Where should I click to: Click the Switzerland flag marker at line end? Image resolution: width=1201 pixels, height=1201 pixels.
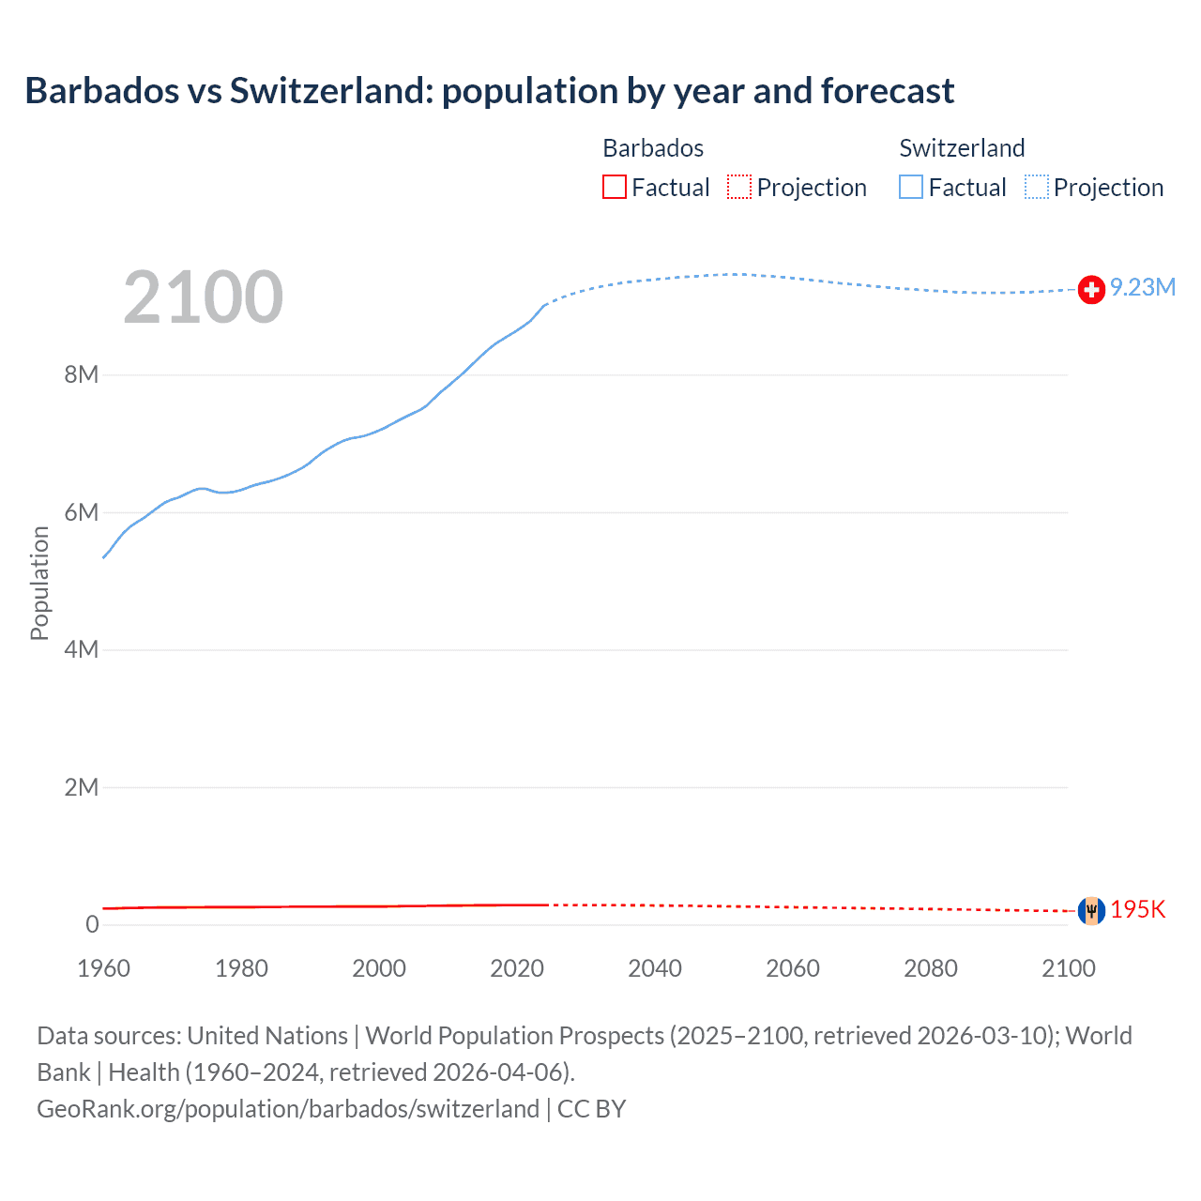[1091, 290]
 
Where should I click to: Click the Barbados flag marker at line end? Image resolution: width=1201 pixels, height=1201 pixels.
[1091, 910]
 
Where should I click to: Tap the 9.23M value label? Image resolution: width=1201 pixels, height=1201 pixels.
[1143, 287]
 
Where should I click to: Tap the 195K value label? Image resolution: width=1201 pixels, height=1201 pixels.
[1138, 909]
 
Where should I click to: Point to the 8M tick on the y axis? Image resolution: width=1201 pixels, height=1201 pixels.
[82, 374]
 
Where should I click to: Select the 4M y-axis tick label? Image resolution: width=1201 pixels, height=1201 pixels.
[82, 649]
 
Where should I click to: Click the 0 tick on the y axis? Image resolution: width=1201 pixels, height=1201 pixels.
[92, 924]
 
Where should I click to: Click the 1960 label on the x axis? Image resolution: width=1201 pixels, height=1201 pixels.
[103, 968]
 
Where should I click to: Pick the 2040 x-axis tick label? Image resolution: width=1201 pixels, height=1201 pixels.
[655, 968]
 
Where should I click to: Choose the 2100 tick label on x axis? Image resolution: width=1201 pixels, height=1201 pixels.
[1069, 968]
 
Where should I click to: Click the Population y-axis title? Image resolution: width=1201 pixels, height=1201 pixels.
[39, 583]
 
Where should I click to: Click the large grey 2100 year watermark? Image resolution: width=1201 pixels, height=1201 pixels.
[203, 297]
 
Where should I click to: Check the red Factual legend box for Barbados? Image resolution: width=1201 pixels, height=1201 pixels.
[615, 187]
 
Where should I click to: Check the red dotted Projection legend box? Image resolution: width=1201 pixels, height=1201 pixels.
[739, 187]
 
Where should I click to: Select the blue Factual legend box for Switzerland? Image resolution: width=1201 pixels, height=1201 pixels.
[911, 187]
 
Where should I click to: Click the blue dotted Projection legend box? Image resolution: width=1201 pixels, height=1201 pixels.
[1037, 187]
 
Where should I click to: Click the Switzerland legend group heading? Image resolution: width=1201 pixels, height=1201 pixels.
[962, 148]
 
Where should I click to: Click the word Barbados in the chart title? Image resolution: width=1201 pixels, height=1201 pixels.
[101, 91]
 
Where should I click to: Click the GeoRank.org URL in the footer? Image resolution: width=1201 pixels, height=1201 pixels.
[288, 1108]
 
